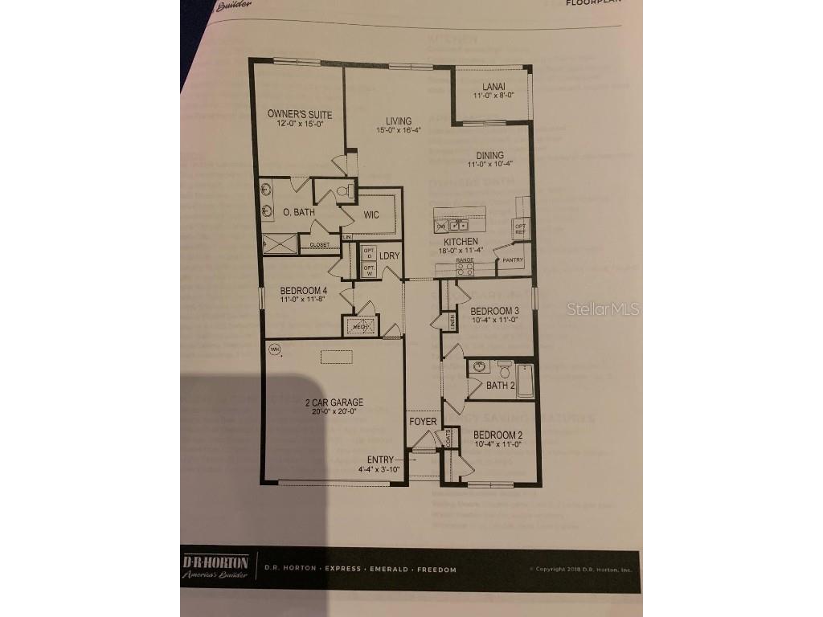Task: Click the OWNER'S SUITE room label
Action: [x=300, y=115]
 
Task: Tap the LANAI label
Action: [x=493, y=86]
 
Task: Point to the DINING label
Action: [x=490, y=155]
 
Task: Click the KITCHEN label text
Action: [x=461, y=241]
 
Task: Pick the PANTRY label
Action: [x=512, y=259]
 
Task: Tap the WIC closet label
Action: [x=371, y=215]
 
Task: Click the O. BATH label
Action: [x=297, y=213]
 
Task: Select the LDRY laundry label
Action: [x=390, y=255]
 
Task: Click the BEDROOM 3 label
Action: [x=494, y=311]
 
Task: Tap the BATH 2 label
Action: [x=500, y=386]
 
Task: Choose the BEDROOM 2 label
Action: [x=497, y=435]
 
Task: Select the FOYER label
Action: [x=423, y=421]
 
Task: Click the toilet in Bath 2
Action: [x=505, y=370]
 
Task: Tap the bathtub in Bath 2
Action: [x=525, y=379]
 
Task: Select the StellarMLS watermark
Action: [x=603, y=308]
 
